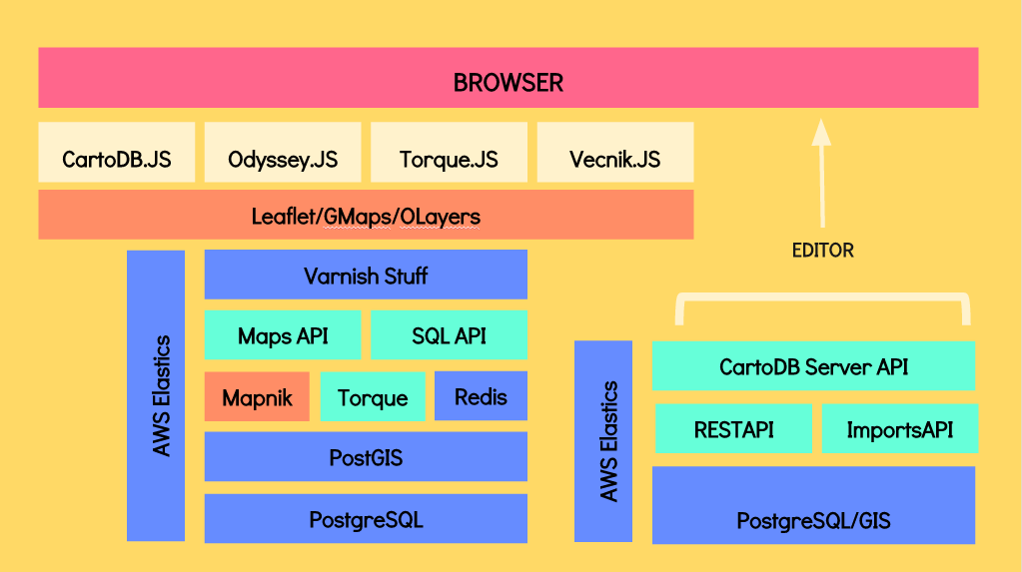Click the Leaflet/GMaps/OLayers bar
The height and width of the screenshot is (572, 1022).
(x=366, y=215)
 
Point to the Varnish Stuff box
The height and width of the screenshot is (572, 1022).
(x=366, y=275)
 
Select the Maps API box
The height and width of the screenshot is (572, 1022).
(x=283, y=334)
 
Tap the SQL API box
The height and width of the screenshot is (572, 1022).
(x=449, y=334)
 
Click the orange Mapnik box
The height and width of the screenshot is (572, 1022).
(x=257, y=396)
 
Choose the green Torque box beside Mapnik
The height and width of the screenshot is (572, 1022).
(x=373, y=396)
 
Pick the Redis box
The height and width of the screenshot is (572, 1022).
(x=481, y=396)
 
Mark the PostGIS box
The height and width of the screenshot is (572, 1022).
(x=366, y=457)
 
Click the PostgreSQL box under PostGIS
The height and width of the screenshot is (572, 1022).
(x=366, y=518)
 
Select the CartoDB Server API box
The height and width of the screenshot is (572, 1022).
(x=813, y=365)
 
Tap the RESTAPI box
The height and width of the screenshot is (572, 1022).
(x=733, y=428)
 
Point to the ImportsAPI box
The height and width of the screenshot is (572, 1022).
(x=899, y=428)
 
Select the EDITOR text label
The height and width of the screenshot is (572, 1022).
(x=822, y=250)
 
